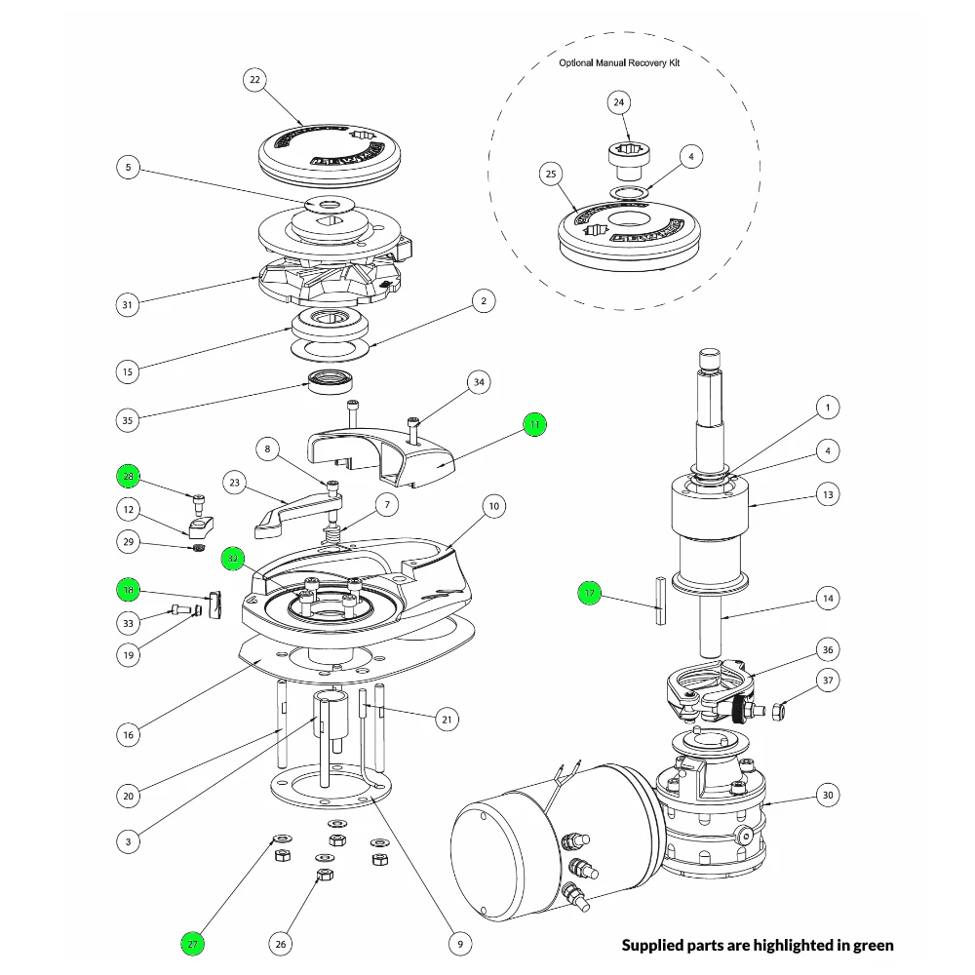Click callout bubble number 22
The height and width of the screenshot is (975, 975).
(255, 80)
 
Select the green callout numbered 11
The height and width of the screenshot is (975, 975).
(534, 424)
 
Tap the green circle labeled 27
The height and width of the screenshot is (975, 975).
(192, 943)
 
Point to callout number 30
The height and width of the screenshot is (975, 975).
(828, 795)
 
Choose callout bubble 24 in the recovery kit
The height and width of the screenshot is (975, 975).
(619, 102)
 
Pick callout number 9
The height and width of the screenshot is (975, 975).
(458, 943)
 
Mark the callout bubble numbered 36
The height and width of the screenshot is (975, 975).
(828, 649)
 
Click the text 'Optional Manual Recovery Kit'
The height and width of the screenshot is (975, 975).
(619, 62)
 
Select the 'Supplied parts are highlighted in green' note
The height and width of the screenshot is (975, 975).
(758, 944)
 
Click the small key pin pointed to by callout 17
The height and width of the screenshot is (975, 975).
(660, 601)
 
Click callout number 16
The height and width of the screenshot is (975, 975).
(129, 733)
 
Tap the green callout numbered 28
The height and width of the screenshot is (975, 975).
(129, 476)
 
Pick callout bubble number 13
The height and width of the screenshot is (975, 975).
(828, 494)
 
